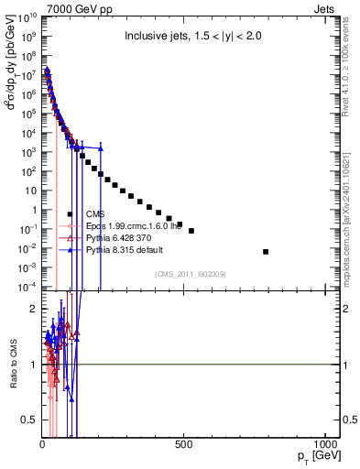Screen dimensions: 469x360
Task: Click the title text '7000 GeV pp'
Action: click(69, 6)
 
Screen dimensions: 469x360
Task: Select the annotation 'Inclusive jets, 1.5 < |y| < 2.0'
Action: click(196, 37)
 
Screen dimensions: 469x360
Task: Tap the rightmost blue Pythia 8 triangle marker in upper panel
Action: click(102, 148)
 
